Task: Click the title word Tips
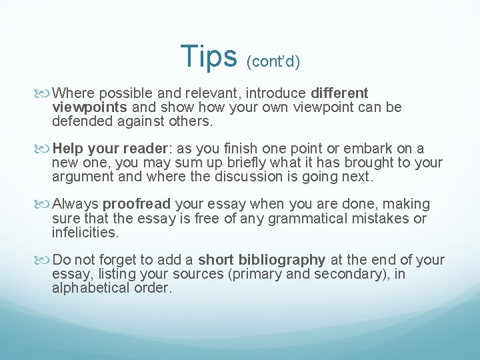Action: [209, 57]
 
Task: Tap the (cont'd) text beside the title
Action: [273, 62]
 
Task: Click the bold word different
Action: [339, 93]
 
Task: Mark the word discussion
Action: [257, 177]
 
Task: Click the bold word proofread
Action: [137, 204]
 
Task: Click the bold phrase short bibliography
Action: [262, 260]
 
